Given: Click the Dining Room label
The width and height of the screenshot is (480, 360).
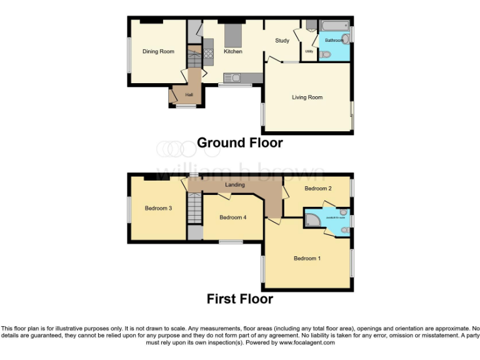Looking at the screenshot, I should click(158, 51).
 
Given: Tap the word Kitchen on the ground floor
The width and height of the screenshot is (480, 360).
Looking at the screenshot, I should click(233, 51).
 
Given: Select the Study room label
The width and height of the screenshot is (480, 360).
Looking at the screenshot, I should click(282, 41).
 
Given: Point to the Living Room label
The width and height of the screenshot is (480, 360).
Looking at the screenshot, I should click(307, 97).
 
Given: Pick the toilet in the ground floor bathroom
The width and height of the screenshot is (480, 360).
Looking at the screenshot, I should click(324, 55).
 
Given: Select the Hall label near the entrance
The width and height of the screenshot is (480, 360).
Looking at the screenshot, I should click(189, 94).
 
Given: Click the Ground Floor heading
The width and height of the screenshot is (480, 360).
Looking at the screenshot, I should click(239, 142).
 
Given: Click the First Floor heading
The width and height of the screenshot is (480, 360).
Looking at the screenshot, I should click(239, 299).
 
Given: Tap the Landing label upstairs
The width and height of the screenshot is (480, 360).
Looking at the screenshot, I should click(235, 185).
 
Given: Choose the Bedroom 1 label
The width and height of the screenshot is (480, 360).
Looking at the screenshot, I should click(307, 257).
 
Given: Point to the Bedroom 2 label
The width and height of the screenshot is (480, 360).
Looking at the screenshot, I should click(317, 188).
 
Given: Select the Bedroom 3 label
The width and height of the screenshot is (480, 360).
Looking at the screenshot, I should click(158, 208).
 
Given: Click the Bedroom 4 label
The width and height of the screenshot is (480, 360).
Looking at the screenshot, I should click(233, 217).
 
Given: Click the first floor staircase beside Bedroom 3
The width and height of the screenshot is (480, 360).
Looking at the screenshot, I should click(196, 208).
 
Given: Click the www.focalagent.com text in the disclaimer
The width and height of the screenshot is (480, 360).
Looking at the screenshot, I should click(307, 342).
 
